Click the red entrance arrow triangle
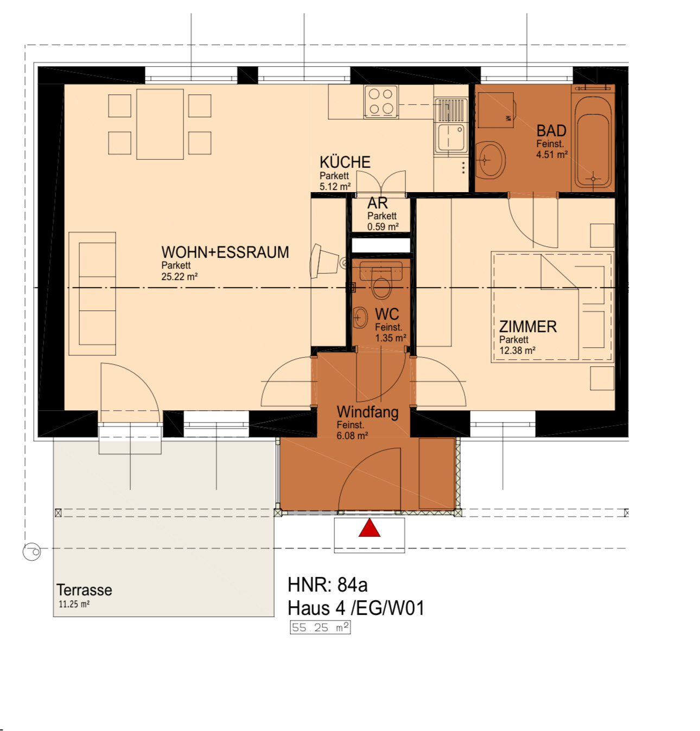(x=369, y=528)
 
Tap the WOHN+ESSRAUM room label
(x=225, y=252)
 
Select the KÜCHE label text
(x=345, y=162)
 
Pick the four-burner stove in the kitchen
(x=381, y=101)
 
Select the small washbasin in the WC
(x=360, y=317)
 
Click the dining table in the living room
(x=160, y=124)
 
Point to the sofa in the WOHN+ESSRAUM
(x=92, y=294)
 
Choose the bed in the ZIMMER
(x=552, y=307)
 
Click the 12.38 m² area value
(x=517, y=351)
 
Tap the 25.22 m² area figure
(x=179, y=277)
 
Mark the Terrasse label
(x=84, y=590)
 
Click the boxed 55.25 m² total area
(x=320, y=627)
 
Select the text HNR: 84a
(x=327, y=584)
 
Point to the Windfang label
(x=367, y=412)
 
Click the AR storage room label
(x=377, y=203)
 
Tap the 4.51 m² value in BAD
(x=551, y=154)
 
